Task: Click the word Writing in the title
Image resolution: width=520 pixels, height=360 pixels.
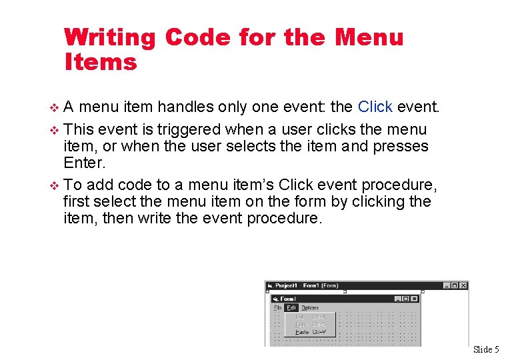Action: [x=110, y=37]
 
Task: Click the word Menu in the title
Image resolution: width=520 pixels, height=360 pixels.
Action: [x=369, y=37]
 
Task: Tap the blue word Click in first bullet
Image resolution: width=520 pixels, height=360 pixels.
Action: [x=375, y=107]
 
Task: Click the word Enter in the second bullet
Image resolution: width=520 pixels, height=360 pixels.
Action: [x=85, y=163]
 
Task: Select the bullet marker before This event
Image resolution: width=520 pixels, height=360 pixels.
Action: [x=55, y=130]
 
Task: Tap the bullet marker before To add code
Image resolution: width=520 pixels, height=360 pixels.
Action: [x=55, y=185]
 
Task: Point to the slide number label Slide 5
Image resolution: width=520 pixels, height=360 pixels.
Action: [x=485, y=349]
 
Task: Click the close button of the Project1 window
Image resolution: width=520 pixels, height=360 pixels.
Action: [x=463, y=286]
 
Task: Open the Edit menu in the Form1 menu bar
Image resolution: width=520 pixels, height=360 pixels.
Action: [x=291, y=308]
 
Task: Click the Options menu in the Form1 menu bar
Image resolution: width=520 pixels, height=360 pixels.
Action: [x=310, y=308]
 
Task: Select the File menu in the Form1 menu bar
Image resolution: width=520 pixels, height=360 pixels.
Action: [x=277, y=308]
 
